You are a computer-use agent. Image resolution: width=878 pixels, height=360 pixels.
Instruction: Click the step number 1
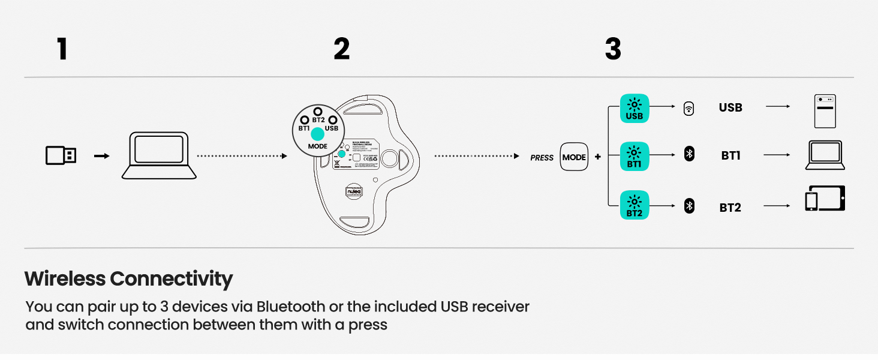click(x=62, y=49)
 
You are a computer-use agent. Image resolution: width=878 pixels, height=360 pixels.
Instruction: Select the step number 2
click(x=341, y=49)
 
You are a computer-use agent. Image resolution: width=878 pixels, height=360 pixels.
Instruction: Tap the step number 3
click(x=613, y=49)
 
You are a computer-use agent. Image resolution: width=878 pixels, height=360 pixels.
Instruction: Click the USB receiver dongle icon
click(x=61, y=156)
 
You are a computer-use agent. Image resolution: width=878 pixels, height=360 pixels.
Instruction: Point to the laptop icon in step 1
click(x=159, y=156)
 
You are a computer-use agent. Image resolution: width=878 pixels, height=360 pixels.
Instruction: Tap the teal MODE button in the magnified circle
click(x=317, y=134)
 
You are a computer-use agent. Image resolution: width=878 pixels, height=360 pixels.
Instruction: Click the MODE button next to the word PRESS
click(x=574, y=157)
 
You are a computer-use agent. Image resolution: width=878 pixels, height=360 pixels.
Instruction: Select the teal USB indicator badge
click(x=634, y=109)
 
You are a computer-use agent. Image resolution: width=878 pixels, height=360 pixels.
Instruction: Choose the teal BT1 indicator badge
click(x=634, y=157)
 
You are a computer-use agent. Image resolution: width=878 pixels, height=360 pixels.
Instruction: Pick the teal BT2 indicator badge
click(x=634, y=205)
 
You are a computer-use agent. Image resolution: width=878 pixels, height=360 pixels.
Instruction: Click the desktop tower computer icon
click(x=825, y=111)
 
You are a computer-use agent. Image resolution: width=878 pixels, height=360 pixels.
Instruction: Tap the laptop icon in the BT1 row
click(x=825, y=155)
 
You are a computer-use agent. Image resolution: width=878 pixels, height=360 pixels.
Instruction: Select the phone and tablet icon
click(x=825, y=199)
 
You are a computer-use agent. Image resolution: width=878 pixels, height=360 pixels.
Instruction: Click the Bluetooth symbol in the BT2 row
click(x=689, y=207)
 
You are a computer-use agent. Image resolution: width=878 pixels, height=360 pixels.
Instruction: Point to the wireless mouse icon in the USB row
click(x=689, y=109)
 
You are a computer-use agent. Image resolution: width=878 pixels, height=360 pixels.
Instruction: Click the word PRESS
click(x=542, y=158)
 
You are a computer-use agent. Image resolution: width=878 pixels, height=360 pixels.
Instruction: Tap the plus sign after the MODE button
click(x=597, y=157)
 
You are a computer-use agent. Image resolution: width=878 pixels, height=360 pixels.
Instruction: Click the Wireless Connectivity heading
click(x=128, y=279)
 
